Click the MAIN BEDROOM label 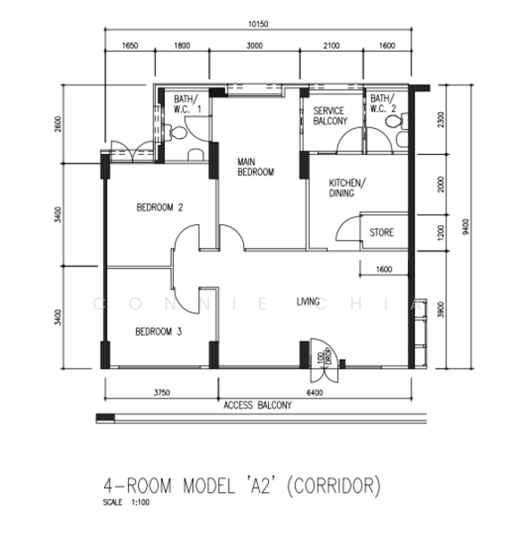point(256,167)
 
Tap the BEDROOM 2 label point(159,207)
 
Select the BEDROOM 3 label point(158,332)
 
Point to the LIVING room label point(308,302)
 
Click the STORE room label point(381,232)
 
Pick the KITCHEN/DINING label point(347,188)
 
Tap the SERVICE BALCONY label point(330,116)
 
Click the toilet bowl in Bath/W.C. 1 point(176,132)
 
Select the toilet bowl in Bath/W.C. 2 point(396,121)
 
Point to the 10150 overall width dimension point(258,24)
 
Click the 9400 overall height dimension point(466,227)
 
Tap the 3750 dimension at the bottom point(161,392)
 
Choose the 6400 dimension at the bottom point(314,392)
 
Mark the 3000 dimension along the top point(255,45)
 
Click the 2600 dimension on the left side point(58,125)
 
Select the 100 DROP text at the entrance point(324,357)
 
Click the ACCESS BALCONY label point(257,405)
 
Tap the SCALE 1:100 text point(126,502)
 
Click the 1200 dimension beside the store point(441,232)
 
